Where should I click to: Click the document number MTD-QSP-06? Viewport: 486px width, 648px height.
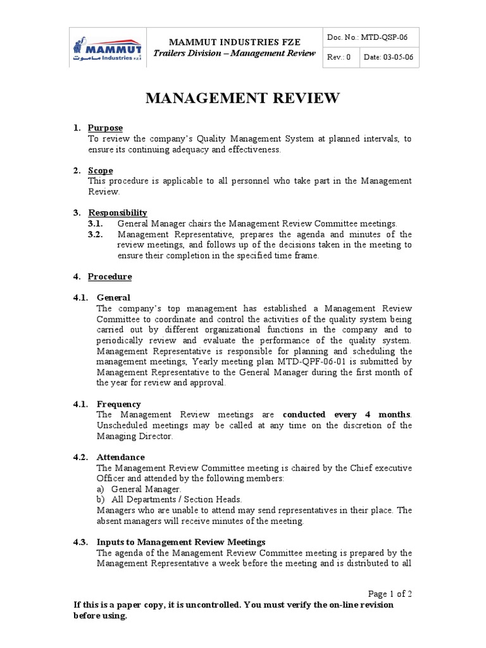[384, 37]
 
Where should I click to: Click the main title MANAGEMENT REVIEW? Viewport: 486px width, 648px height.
[243, 98]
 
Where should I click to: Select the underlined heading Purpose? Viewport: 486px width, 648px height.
[105, 128]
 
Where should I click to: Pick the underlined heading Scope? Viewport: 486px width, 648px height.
[101, 170]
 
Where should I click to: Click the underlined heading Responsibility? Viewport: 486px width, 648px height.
[118, 213]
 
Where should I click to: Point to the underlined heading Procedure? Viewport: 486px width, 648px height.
[110, 277]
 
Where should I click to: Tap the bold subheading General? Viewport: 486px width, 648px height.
[113, 297]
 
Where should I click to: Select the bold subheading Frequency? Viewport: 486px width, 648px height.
[118, 404]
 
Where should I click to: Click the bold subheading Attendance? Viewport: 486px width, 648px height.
[120, 457]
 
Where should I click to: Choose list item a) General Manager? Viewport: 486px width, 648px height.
[139, 489]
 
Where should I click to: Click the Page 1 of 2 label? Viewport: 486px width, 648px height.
[390, 594]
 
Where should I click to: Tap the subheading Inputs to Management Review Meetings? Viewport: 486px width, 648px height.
[181, 542]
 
